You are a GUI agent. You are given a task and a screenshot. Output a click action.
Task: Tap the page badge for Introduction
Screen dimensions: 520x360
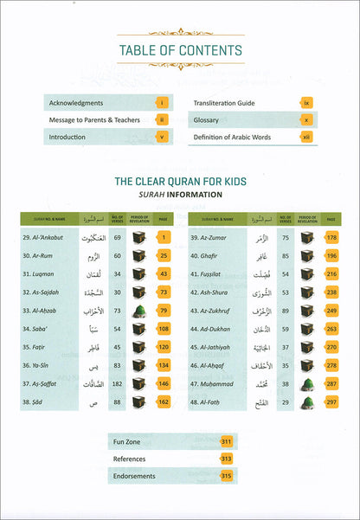click(162, 136)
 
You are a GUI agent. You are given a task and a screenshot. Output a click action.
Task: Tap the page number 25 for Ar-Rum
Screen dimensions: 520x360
click(162, 256)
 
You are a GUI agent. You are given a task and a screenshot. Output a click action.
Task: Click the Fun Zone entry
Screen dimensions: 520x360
click(130, 442)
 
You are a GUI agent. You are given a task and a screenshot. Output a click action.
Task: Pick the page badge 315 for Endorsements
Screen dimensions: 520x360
click(227, 476)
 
